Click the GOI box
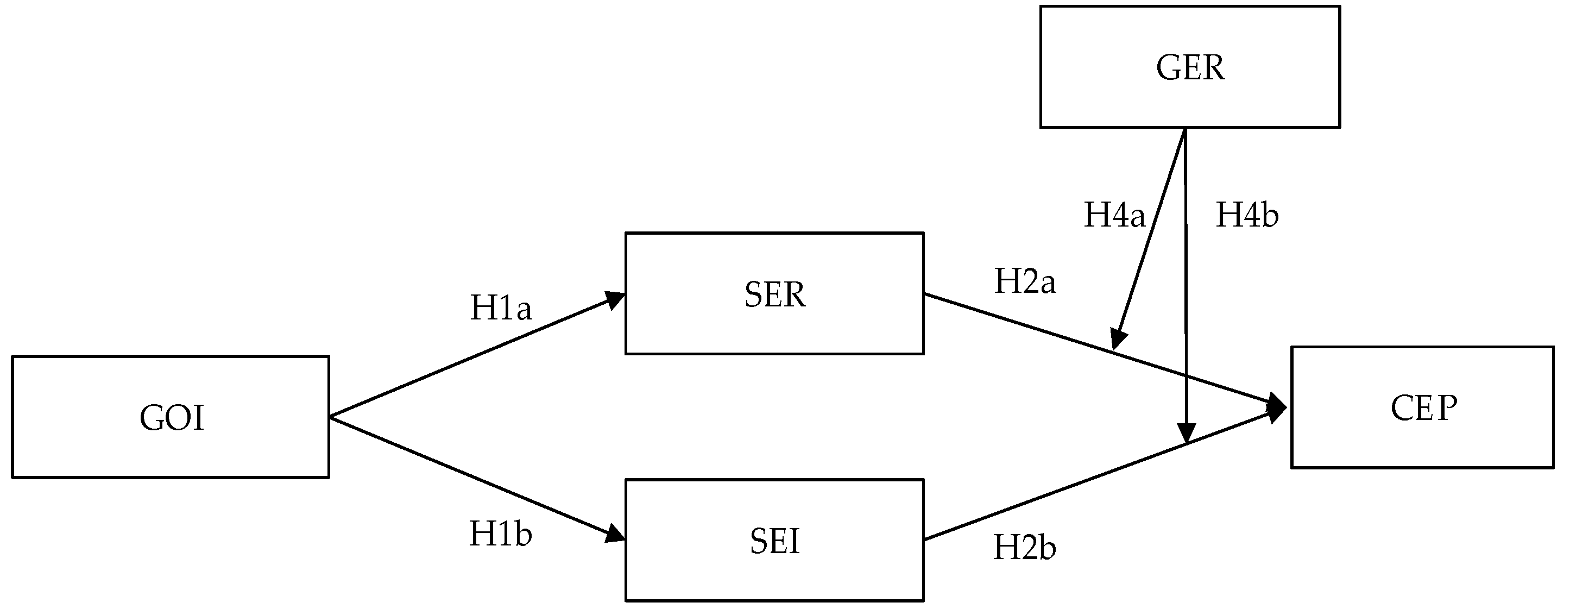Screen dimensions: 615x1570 170,417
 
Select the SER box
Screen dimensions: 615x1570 774,293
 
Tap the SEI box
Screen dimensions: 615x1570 774,540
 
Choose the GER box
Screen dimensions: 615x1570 1190,66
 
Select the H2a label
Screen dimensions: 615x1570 1025,281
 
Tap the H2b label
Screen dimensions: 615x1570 1025,547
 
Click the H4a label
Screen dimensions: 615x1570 1114,215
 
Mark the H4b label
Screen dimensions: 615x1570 1247,215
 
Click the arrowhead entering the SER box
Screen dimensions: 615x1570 614,299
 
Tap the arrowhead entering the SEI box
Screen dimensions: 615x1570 614,535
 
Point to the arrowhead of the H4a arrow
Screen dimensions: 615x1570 1118,339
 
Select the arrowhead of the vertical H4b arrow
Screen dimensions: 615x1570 1186,433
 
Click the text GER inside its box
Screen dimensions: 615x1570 1190,67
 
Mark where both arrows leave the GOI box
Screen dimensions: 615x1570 330,417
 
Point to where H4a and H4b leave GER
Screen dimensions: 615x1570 1184,129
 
